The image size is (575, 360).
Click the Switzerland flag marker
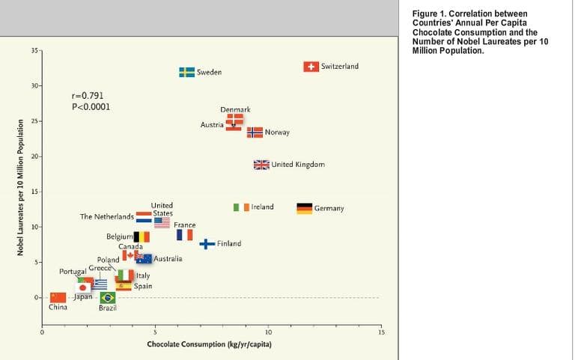pos(311,67)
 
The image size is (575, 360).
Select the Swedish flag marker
pos(187,72)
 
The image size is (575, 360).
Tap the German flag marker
pos(305,208)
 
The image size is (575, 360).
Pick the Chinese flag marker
pos(58,297)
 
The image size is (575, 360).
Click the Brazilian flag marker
pos(108,298)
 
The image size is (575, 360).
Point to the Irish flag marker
pos(241,207)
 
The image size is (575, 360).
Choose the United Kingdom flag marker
pos(261,165)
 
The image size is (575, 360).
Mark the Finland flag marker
pos(207,244)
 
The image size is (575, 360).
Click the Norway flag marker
pos(255,132)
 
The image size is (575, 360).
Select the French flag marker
pos(184,235)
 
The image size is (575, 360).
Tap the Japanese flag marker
pos(83,287)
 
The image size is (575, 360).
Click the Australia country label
pos(168,259)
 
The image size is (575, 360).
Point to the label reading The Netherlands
pos(107,217)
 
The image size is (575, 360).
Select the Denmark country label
pos(235,110)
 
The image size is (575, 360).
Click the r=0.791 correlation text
pos(88,96)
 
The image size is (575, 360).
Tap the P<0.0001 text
pos(91,106)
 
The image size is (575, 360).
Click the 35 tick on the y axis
pos(34,50)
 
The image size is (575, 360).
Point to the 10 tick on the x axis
pos(268,331)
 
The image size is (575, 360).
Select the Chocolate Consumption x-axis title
pos(209,344)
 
